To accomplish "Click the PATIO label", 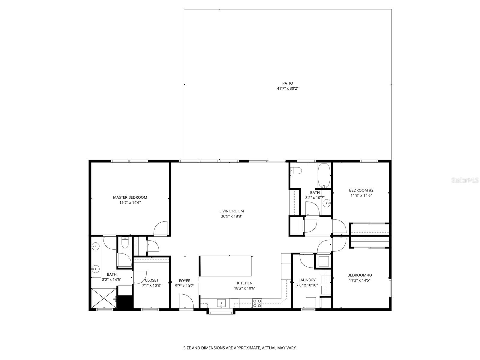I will pos(287,83).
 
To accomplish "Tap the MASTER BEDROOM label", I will pos(130,197).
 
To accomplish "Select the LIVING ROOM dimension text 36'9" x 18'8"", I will pos(231,216).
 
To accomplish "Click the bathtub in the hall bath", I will pos(324,175).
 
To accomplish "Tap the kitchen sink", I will pos(221,303).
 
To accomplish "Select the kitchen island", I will pos(226,266).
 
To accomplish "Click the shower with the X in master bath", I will pos(103,298).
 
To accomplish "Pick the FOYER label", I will pos(184,281).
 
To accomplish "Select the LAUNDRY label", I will pos(307,280).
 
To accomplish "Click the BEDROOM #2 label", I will pos(361,190).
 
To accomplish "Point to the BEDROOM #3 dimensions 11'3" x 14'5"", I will pos(360,280).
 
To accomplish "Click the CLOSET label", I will pos(151,280).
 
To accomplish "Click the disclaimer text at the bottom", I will pos(240,348).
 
